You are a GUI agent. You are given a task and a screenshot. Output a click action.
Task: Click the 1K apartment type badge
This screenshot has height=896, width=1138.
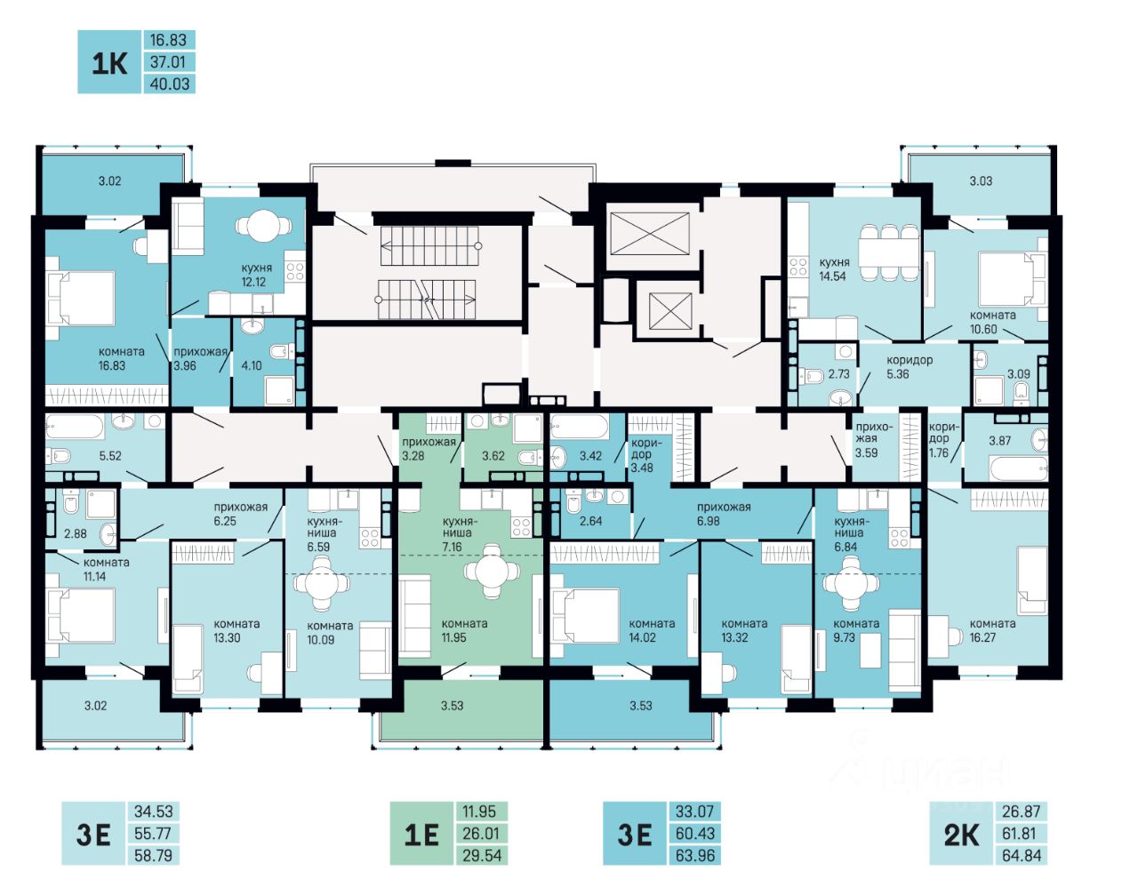[x=109, y=62]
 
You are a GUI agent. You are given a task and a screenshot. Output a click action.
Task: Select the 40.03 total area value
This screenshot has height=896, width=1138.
[x=169, y=84]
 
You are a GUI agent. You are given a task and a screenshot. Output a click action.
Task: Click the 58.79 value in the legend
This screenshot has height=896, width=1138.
[x=153, y=856]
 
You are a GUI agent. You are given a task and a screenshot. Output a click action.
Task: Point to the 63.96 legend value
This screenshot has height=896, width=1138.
[x=695, y=856]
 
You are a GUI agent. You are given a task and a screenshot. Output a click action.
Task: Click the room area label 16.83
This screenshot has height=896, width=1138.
[x=112, y=365]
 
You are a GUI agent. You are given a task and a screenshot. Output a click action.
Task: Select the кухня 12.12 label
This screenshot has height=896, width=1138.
[x=256, y=275]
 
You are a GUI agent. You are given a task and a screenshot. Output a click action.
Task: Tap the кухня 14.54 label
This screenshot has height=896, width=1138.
[x=834, y=269]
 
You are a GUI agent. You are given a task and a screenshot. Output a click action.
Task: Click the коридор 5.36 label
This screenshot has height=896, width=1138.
[x=909, y=367]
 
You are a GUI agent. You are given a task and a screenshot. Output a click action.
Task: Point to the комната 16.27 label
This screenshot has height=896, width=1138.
[x=992, y=630]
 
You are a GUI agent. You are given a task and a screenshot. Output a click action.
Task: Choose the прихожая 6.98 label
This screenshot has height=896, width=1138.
[x=724, y=514]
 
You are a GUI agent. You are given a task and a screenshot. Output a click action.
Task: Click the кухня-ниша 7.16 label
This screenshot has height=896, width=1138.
[x=456, y=533]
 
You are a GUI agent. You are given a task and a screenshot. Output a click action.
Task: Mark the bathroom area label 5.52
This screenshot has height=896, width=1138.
[x=110, y=456]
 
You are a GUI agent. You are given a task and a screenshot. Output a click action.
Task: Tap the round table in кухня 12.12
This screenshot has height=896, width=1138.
[x=263, y=226]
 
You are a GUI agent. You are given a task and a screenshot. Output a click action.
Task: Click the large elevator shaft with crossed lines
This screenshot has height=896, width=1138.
[x=650, y=234]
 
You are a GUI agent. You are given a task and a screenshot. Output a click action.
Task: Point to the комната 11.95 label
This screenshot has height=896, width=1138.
[x=464, y=630]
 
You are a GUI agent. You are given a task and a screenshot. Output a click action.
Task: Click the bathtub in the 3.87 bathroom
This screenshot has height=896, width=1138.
[x=1018, y=468]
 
